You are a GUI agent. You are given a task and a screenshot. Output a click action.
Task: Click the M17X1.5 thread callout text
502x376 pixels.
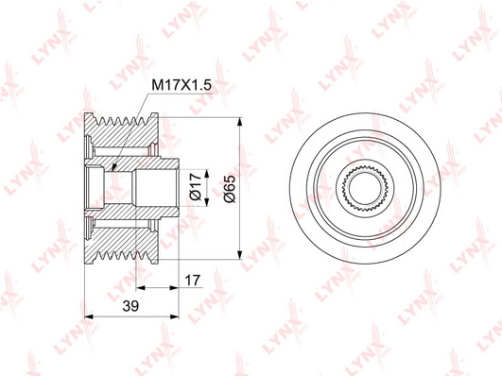tap(182, 85)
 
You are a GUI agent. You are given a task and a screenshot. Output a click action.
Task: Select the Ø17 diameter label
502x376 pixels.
tap(196, 187)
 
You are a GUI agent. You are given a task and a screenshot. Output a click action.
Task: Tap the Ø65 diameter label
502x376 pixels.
tap(230, 189)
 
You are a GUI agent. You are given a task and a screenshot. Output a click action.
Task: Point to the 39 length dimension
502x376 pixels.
tap(130, 306)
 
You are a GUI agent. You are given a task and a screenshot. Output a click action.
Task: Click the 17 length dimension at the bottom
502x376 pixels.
tap(193, 281)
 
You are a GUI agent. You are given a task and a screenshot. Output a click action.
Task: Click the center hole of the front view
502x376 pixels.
tap(365, 187)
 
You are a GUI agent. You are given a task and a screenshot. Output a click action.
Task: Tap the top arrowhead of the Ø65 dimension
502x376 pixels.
tap(240, 122)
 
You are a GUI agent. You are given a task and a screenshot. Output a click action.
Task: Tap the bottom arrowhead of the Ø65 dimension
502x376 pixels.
tap(240, 255)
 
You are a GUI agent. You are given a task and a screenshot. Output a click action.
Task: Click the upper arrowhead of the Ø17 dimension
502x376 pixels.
tap(207, 174)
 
